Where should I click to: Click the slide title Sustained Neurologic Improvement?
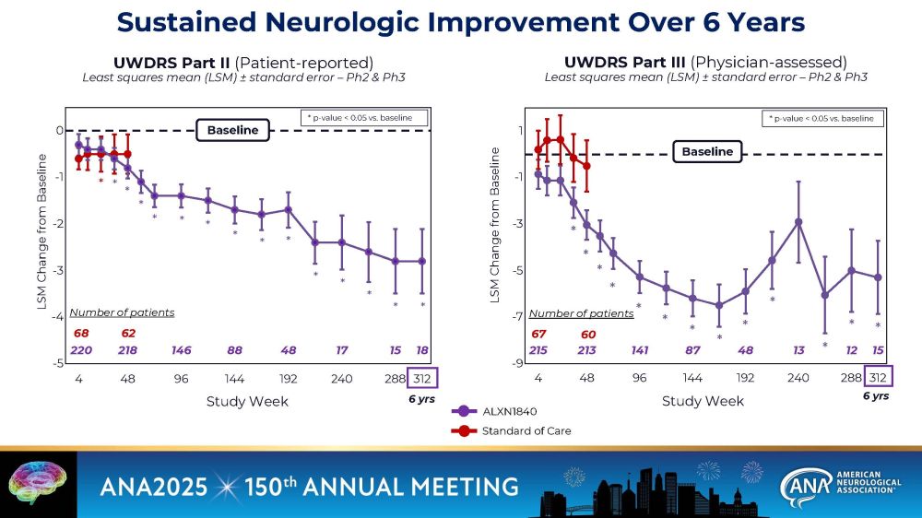[x=461, y=21]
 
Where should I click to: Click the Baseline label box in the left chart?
[x=232, y=131]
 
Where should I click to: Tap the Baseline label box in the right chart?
[x=707, y=152]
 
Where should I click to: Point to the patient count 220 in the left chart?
[x=81, y=350]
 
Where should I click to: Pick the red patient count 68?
[x=81, y=333]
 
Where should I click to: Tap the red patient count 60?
[x=587, y=334]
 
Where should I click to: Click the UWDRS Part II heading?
[x=243, y=63]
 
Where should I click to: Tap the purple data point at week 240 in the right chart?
[x=798, y=222]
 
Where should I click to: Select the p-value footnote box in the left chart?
[x=365, y=118]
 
